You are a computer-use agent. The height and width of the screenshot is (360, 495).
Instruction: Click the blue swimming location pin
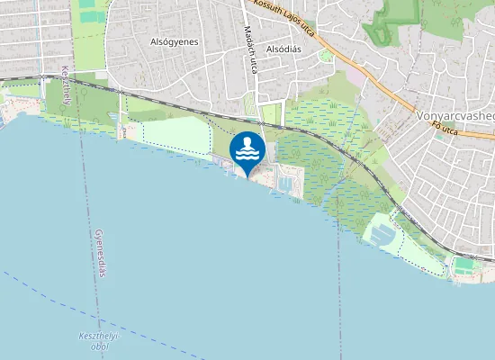[x=247, y=151]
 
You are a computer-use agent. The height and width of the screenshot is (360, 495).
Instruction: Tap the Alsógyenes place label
[x=174, y=41]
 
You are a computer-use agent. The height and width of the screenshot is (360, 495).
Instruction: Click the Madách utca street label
[x=250, y=62]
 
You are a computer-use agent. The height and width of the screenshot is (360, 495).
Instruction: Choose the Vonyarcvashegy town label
[x=455, y=116]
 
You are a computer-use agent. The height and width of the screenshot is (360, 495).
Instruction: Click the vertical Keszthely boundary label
[x=66, y=85]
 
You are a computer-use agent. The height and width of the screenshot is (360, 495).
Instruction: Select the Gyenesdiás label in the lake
[x=100, y=252]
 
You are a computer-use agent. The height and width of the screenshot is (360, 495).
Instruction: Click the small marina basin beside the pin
[x=286, y=184]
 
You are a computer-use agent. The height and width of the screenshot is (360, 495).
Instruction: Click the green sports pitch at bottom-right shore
[x=464, y=266]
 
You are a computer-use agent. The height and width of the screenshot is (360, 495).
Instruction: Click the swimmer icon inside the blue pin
[x=247, y=148]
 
